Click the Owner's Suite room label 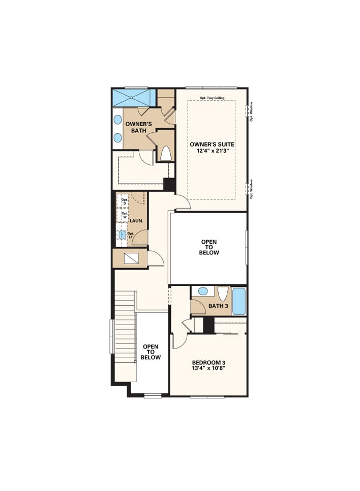click(x=211, y=144)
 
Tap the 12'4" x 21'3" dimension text click(x=211, y=151)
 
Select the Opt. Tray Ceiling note click(x=212, y=98)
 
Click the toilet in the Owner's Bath click(x=165, y=153)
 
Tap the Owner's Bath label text click(x=136, y=127)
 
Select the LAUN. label click(x=136, y=221)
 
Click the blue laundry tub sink click(x=123, y=235)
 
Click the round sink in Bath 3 click(x=203, y=292)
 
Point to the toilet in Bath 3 click(x=222, y=294)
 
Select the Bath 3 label click(x=218, y=306)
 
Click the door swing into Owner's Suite click(x=183, y=203)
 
